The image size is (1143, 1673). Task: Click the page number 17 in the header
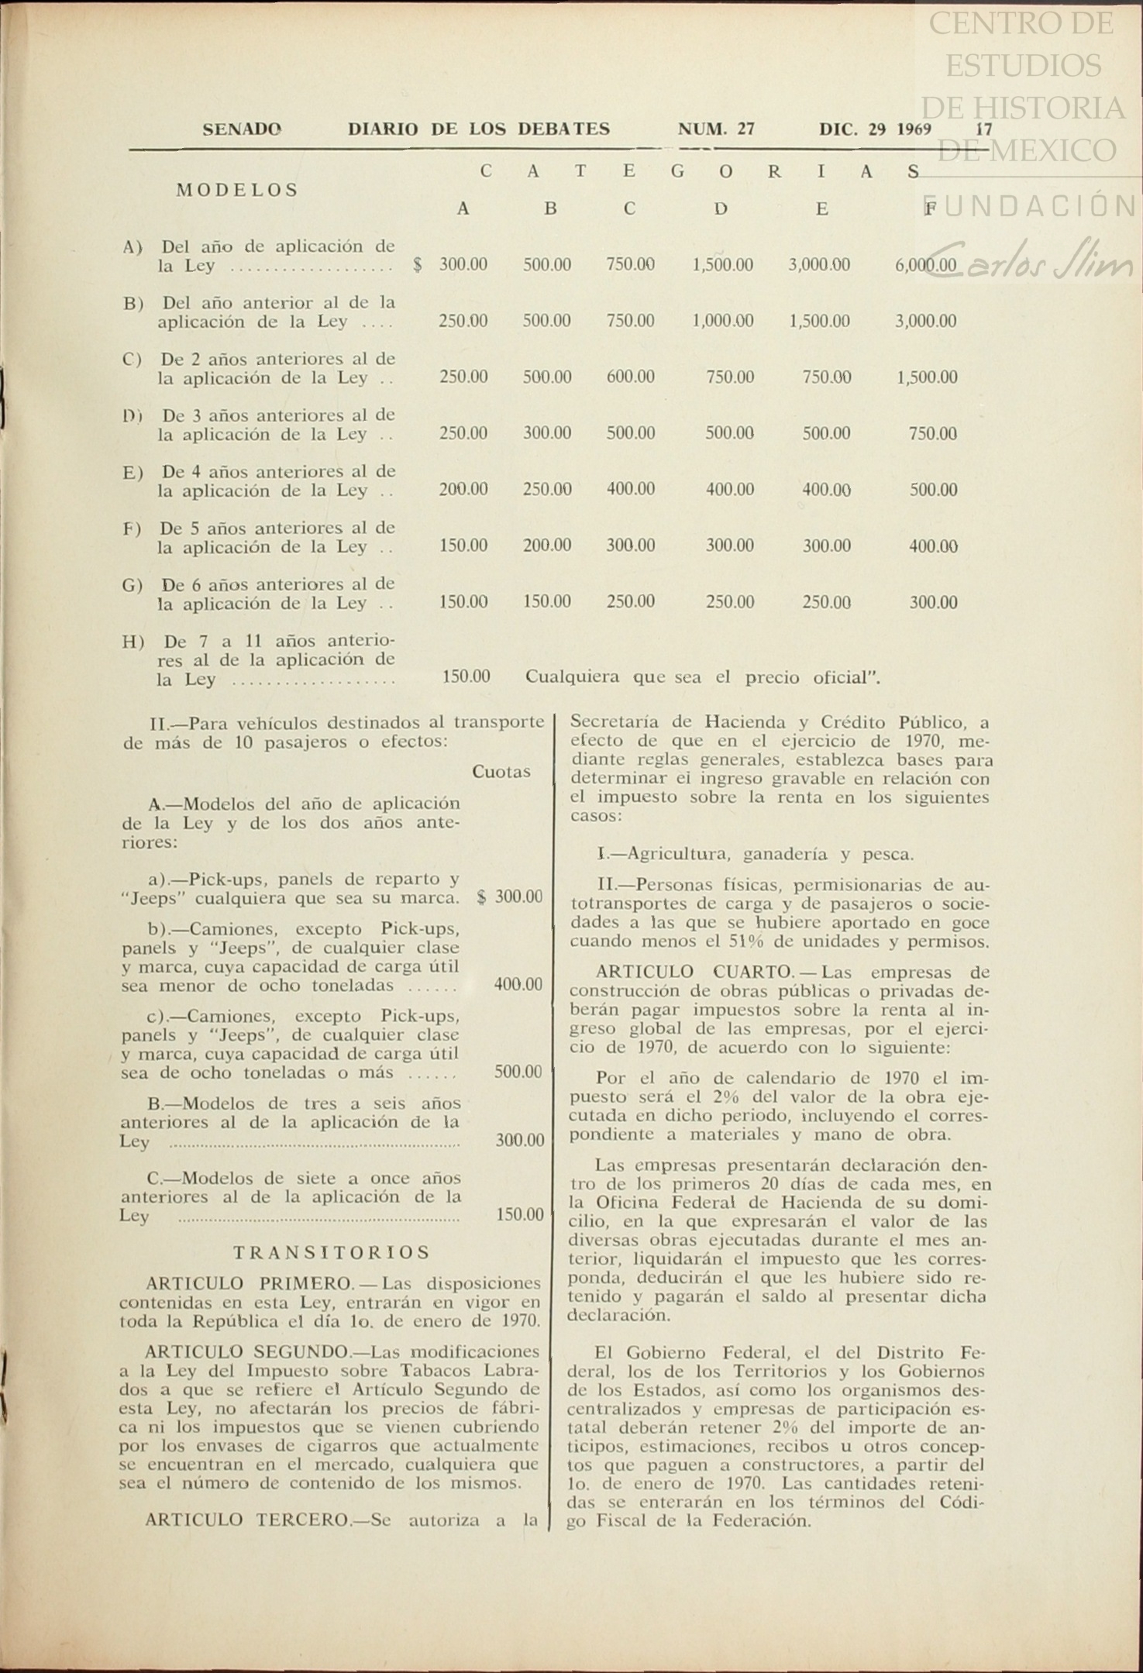(984, 129)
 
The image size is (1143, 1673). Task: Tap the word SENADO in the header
(242, 129)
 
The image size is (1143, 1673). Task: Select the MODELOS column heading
(237, 190)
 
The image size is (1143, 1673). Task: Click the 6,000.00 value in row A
(925, 265)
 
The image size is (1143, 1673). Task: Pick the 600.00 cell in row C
(630, 377)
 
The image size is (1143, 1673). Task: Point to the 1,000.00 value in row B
(722, 321)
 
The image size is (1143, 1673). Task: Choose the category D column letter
(721, 208)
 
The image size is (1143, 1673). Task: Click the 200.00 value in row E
(463, 490)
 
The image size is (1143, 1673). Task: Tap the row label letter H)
(133, 642)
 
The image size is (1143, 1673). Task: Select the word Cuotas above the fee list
(501, 772)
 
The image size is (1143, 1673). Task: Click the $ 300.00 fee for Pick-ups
(510, 897)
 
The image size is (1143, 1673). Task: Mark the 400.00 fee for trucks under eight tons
(518, 985)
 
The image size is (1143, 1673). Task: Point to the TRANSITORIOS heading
(332, 1252)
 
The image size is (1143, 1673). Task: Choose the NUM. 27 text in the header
(716, 129)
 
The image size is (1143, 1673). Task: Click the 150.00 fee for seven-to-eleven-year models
(520, 1214)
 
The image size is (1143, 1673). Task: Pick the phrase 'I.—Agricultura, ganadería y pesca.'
(756, 855)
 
